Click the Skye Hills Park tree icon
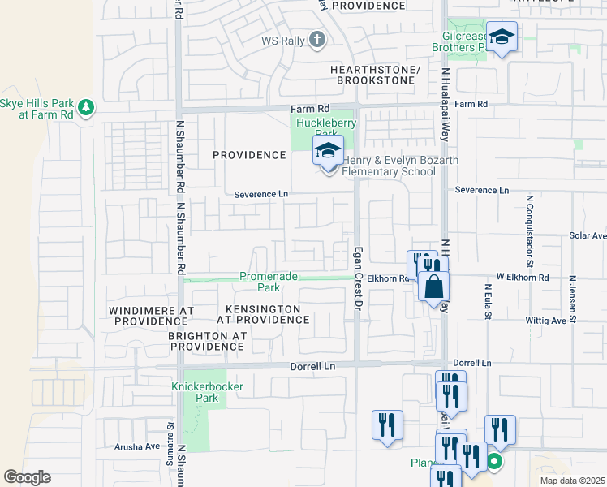[85, 106]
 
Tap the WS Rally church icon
[316, 40]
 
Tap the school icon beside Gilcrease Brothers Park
[502, 37]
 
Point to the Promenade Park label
[259, 282]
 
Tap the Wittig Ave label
[546, 321]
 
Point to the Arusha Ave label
[138, 446]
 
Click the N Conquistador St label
[528, 231]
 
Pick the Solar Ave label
[587, 235]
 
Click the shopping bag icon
[434, 286]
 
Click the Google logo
[28, 476]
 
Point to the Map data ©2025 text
[571, 481]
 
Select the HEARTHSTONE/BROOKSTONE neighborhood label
[375, 75]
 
